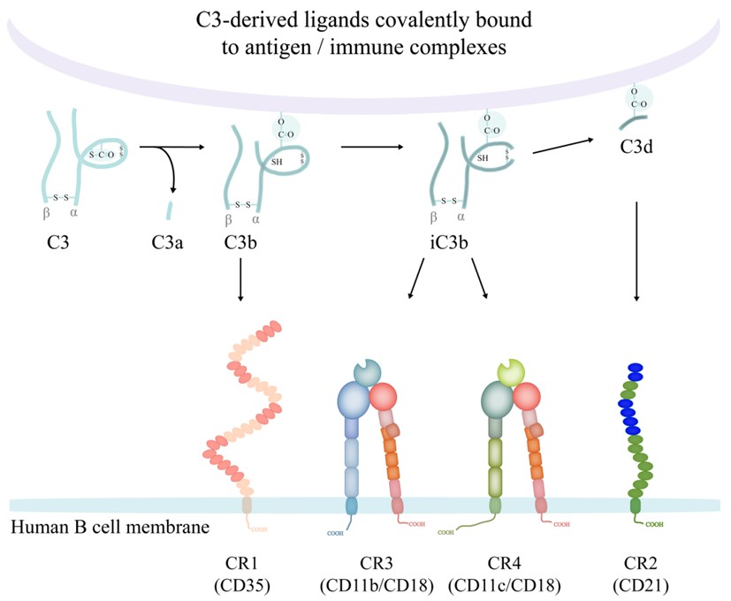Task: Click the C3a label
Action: [x=169, y=240]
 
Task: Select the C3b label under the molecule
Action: [x=241, y=240]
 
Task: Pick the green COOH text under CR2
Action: [x=655, y=524]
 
